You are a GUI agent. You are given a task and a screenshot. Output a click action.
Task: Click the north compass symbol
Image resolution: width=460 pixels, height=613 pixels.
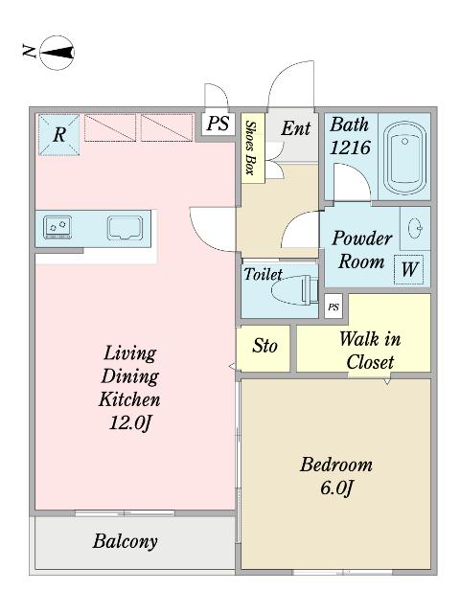point(57,53)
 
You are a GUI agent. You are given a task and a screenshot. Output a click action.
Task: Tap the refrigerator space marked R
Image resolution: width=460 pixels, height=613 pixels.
point(58,134)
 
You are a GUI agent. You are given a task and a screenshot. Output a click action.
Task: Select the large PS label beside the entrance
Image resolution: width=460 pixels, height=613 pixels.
point(218,124)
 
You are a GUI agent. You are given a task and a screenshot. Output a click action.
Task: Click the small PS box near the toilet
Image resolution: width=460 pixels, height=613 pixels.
point(333,306)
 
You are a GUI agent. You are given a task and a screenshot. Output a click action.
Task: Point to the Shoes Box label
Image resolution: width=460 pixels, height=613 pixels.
point(250,148)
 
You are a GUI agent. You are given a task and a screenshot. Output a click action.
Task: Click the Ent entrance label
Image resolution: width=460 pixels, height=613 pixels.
point(296,128)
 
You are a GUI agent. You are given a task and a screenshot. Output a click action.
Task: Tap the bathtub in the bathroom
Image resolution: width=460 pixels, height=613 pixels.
point(404,157)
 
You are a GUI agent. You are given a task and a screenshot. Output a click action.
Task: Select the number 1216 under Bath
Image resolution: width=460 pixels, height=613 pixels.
point(350,148)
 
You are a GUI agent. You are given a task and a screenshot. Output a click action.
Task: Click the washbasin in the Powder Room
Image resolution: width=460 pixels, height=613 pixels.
point(415,228)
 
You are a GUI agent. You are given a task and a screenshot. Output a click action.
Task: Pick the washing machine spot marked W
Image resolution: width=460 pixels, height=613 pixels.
point(409,269)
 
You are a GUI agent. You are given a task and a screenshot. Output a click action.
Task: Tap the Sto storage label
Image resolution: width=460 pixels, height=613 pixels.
point(264,346)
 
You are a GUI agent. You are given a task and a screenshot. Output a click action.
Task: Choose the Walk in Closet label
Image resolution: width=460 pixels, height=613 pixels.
point(370,351)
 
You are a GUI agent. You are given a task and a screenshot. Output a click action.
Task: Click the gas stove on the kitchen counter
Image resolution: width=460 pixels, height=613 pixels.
point(57,227)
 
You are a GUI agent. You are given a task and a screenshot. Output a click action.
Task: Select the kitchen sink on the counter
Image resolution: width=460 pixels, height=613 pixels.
point(126,228)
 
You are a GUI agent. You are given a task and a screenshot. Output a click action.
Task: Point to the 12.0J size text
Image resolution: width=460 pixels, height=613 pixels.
point(129,423)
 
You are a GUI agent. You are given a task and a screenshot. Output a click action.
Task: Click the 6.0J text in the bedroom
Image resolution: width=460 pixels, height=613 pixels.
point(336,488)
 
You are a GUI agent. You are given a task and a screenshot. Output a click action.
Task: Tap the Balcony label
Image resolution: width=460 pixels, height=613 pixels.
point(126,542)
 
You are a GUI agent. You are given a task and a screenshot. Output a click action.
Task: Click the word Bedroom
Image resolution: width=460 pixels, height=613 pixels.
point(336,465)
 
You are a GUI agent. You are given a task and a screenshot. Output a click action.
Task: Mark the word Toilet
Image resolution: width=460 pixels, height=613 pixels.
point(263,274)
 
